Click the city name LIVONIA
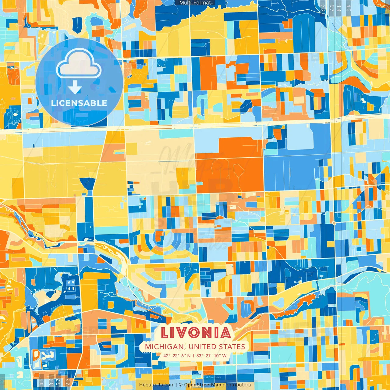[196, 333]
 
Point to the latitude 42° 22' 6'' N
[177, 356]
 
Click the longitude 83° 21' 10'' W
[211, 356]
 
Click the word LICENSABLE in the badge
[79, 103]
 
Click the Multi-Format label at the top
[195, 3]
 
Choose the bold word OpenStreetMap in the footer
[203, 385]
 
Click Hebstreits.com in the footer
[157, 385]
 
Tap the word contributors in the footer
[237, 385]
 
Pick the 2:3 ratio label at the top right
[323, 8]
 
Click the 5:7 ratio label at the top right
[331, 8]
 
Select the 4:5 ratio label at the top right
[349, 8]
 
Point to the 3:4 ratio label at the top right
[339, 8]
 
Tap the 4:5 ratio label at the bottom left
[41, 382]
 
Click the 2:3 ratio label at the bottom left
[68, 382]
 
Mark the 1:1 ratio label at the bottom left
[2, 382]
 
